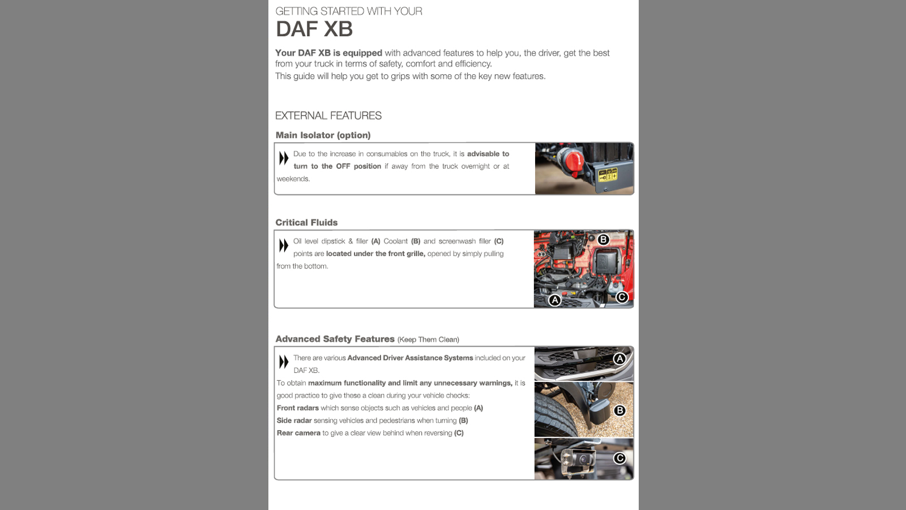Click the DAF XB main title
pyautogui.click(x=314, y=29)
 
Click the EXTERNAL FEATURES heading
pyautogui.click(x=328, y=116)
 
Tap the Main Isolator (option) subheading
pyautogui.click(x=323, y=135)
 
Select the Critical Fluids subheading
pyautogui.click(x=306, y=223)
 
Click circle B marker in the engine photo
pyautogui.click(x=603, y=240)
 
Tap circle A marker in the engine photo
pyautogui.click(x=555, y=300)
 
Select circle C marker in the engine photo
pyautogui.click(x=622, y=297)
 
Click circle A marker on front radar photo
pyautogui.click(x=619, y=359)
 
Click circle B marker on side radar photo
pyautogui.click(x=619, y=410)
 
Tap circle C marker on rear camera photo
pyautogui.click(x=619, y=458)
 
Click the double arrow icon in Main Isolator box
pyautogui.click(x=284, y=158)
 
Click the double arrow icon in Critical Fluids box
pyautogui.click(x=284, y=245)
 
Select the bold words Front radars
pyautogui.click(x=297, y=408)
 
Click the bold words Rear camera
pyautogui.click(x=298, y=433)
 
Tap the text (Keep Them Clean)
pyautogui.click(x=428, y=340)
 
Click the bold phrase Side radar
pyautogui.click(x=294, y=420)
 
